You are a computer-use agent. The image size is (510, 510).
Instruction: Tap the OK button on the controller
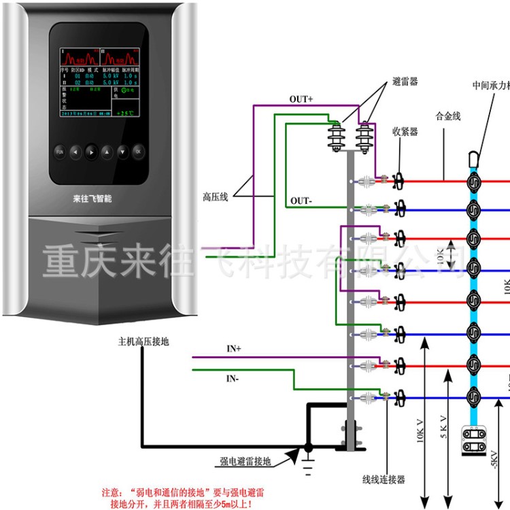(138, 151)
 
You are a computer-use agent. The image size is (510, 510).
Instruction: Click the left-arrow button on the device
(75, 152)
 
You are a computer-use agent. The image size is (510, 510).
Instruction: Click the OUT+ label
(301, 99)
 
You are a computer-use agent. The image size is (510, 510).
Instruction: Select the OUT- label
(301, 201)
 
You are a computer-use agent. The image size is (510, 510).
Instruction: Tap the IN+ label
(234, 348)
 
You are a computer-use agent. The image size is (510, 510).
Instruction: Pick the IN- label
(233, 377)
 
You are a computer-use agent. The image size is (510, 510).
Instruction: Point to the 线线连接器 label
(383, 479)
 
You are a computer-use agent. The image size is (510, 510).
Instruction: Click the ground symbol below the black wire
(308, 466)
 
